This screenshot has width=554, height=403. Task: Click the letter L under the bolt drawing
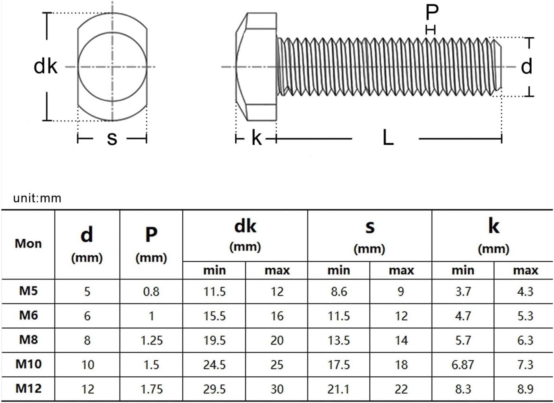point(388,138)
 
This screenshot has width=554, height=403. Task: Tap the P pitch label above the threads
point(432,13)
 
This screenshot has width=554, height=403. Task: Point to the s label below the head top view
point(112,138)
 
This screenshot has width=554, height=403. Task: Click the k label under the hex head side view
point(256,138)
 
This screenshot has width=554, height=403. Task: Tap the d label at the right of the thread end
point(526,66)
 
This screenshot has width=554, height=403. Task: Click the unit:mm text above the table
point(37,198)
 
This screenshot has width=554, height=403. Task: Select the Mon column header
point(28,243)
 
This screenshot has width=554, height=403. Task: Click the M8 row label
point(28,339)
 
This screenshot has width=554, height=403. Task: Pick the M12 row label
point(28,388)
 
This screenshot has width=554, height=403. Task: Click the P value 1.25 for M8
point(151,340)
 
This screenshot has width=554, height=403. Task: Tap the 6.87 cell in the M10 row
point(463,365)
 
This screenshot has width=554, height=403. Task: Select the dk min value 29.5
point(214,389)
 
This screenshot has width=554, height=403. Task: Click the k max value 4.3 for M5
point(525,292)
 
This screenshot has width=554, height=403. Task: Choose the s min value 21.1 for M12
point(339,389)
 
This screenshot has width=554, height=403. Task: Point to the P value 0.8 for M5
point(151,292)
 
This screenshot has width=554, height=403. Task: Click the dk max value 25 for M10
point(277,365)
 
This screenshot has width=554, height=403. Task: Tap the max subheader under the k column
point(525,270)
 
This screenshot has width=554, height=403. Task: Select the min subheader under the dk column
point(214,270)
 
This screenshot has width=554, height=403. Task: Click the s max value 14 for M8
point(401,340)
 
